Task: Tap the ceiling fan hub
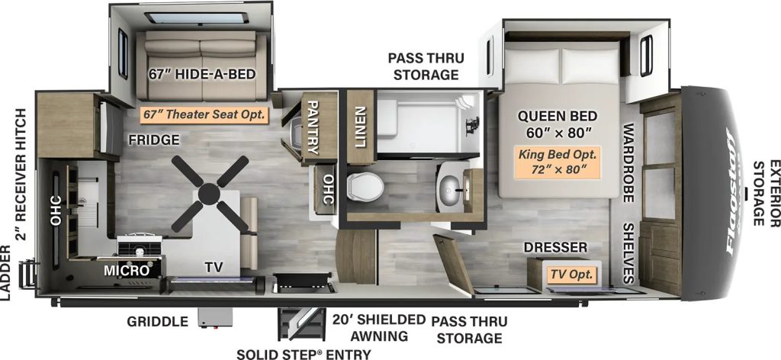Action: [209, 194]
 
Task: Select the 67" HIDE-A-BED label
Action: [202, 75]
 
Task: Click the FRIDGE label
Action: [153, 140]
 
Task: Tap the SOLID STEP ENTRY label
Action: [303, 353]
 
